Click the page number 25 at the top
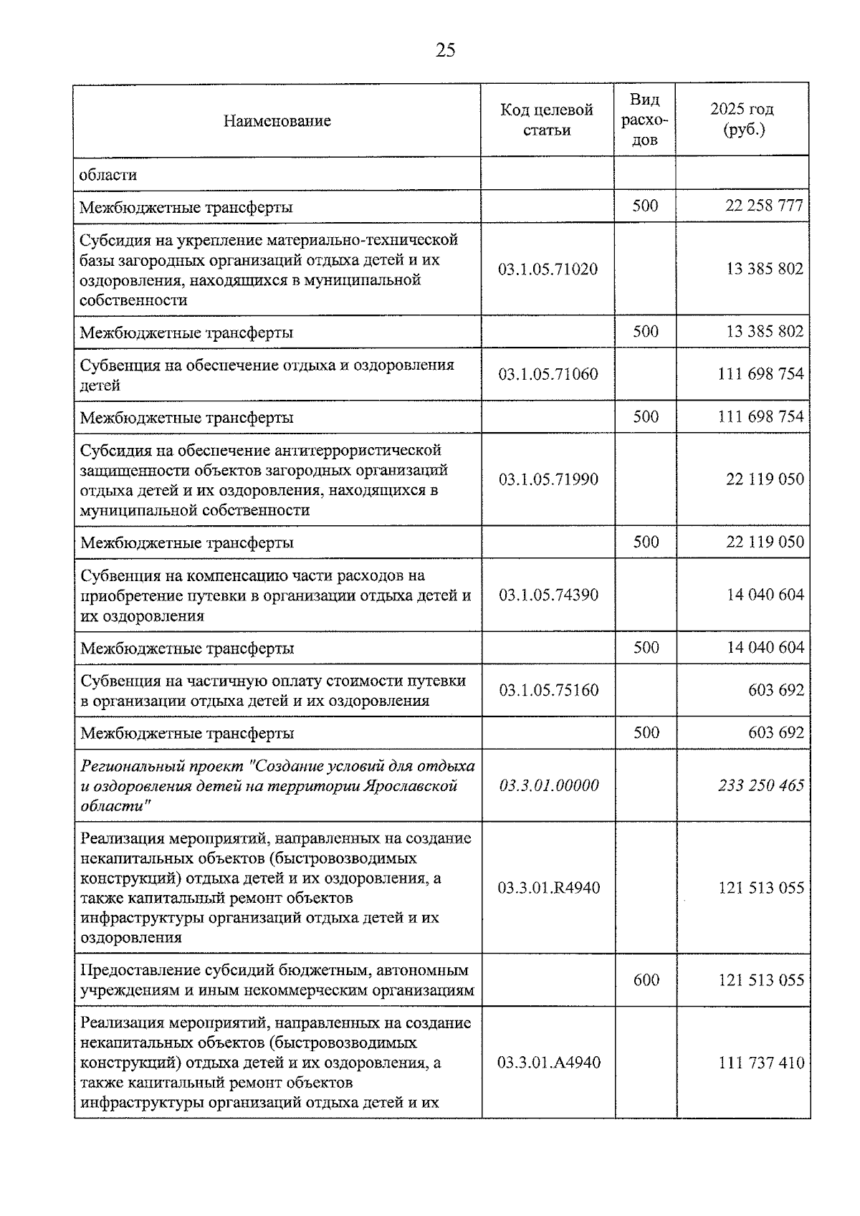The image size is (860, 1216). [445, 50]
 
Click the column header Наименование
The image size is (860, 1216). [277, 120]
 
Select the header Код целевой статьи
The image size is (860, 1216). [547, 120]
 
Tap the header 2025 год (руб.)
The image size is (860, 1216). [742, 119]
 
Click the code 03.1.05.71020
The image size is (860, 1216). [548, 269]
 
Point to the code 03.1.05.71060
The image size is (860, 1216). [548, 374]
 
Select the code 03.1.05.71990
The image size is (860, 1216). [548, 479]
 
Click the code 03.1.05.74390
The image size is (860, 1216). [548, 595]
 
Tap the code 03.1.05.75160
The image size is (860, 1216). [548, 690]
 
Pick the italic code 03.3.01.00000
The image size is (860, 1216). [548, 785]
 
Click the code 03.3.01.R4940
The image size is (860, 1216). [548, 888]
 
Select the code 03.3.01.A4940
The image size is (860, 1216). [548, 1063]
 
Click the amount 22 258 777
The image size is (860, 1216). [764, 206]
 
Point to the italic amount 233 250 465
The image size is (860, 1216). [761, 785]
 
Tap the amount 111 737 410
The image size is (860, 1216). [761, 1063]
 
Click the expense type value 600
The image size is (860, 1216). [646, 980]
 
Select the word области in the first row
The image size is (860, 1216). [108, 174]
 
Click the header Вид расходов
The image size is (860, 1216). [645, 120]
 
